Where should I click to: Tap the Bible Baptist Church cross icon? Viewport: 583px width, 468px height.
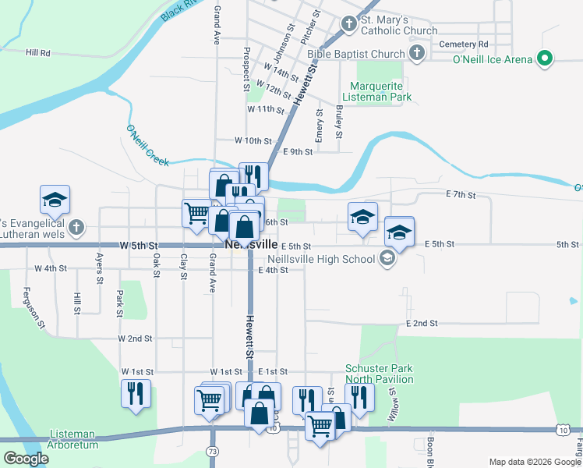[417, 53]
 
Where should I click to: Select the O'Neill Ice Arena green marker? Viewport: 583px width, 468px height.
[546, 58]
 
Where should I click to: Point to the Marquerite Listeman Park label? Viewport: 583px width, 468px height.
[380, 91]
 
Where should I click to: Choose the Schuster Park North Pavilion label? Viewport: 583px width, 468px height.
[380, 374]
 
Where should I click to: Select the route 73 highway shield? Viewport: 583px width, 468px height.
[213, 452]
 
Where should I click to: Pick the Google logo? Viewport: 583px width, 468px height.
[26, 459]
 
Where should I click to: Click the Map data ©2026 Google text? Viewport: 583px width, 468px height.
[534, 462]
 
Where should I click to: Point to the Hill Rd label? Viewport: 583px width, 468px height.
[37, 53]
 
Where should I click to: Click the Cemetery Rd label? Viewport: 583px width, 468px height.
[463, 44]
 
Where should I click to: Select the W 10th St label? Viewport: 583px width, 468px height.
[253, 141]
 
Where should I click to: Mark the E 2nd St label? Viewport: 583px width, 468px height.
[422, 323]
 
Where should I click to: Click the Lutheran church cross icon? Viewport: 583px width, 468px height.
[76, 228]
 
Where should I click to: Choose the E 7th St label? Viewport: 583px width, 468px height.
[461, 193]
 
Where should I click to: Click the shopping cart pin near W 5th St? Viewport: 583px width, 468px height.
[196, 212]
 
